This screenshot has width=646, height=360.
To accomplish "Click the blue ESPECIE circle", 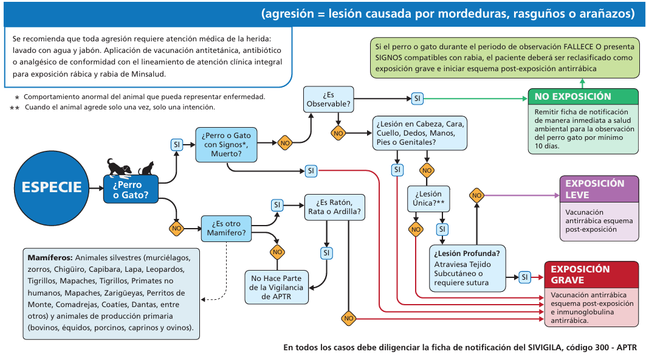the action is point(52,188).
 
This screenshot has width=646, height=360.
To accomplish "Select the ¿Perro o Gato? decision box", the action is point(131,189).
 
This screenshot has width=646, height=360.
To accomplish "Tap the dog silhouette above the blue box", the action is point(119,167).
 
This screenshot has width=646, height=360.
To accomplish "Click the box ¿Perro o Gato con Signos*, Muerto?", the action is point(226,144).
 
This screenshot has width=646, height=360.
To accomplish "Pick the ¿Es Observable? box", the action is point(328,99).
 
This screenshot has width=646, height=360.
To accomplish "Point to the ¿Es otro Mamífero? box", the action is point(226,229).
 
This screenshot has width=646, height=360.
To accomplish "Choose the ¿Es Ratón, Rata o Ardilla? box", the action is point(334,207).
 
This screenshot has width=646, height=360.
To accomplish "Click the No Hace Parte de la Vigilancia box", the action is point(277,287).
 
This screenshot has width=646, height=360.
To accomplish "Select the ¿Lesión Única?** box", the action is point(428,199).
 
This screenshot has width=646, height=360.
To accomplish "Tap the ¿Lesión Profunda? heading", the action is point(467,253).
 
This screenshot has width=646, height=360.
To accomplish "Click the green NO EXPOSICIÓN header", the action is point(583,97).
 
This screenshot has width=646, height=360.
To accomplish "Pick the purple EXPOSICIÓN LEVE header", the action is point(599,189).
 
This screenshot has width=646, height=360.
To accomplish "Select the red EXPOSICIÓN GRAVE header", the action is point(592,274).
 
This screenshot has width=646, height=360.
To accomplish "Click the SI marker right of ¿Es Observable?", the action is point(417,99).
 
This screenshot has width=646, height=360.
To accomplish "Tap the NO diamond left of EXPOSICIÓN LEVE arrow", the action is point(476,195).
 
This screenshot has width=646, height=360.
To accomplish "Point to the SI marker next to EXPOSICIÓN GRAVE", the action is point(524,277).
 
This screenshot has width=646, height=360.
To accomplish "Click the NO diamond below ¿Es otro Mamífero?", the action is point(277,252).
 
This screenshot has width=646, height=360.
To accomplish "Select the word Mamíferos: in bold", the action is point(50,258).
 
